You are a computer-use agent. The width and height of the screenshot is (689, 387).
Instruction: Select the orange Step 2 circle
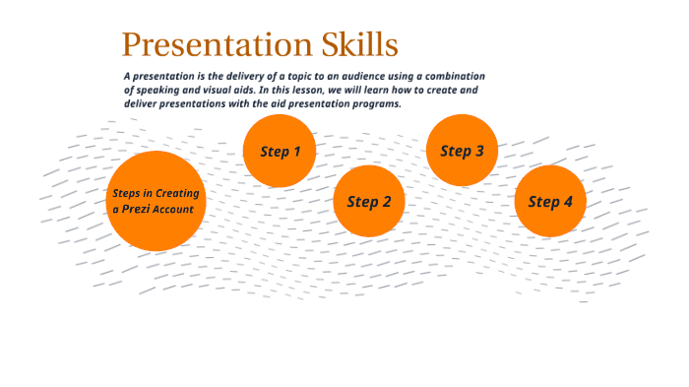(x=369, y=202)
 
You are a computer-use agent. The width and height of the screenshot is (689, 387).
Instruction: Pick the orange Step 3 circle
(x=462, y=151)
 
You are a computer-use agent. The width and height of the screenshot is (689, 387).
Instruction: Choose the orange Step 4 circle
(x=550, y=202)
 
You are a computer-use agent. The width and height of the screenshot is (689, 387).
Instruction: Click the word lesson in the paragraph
(x=316, y=90)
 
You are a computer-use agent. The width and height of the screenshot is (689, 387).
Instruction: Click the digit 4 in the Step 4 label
(x=567, y=202)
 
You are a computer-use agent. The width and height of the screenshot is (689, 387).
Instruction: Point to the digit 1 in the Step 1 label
(x=296, y=151)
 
